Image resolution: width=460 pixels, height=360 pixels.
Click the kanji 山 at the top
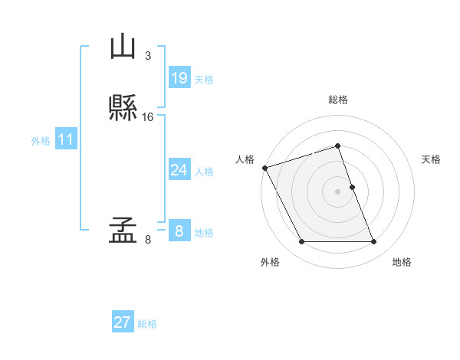pyautogui.click(x=123, y=47)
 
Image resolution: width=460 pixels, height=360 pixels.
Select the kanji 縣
pyautogui.click(x=123, y=107)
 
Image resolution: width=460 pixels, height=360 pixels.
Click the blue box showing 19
pyautogui.click(x=179, y=78)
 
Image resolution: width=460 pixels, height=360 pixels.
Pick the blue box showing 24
pyautogui.click(x=179, y=170)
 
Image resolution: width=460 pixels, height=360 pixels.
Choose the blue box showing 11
pyautogui.click(x=65, y=140)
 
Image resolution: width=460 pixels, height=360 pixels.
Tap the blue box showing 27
pyautogui.click(x=123, y=322)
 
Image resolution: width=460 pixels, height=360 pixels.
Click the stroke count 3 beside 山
pyautogui.click(x=148, y=55)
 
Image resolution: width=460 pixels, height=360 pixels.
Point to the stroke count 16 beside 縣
pyautogui.click(x=148, y=117)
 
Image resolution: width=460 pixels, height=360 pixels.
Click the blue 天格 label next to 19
pyautogui.click(x=204, y=80)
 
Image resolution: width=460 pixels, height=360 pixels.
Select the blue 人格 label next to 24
pyautogui.click(x=204, y=172)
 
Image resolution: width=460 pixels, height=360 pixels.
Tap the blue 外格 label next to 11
pyautogui.click(x=41, y=141)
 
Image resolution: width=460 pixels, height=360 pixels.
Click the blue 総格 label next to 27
pyautogui.click(x=147, y=324)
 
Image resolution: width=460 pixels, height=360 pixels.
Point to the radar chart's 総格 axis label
pyautogui.click(x=338, y=100)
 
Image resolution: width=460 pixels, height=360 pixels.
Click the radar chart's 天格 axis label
pyautogui.click(x=431, y=159)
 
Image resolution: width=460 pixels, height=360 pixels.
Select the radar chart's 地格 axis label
pyautogui.click(x=402, y=262)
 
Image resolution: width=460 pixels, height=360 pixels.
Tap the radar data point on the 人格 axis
pyautogui.click(x=264, y=168)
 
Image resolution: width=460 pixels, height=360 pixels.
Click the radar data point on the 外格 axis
pyautogui.click(x=301, y=242)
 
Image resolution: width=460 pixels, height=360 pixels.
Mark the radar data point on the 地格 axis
pyautogui.click(x=374, y=242)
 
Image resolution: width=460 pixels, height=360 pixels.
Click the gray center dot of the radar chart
pyautogui.click(x=338, y=191)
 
